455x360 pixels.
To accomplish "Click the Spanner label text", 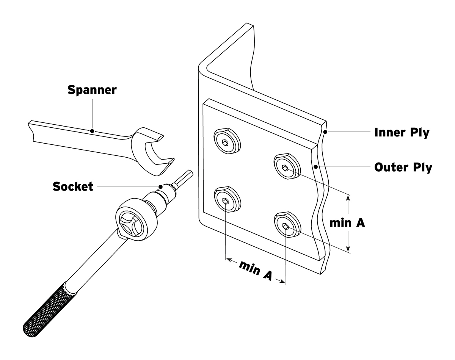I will point(92,90).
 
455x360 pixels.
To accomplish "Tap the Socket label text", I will point(73,186).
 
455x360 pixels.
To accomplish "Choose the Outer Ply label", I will point(403,167).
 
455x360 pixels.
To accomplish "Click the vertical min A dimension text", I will point(347,223).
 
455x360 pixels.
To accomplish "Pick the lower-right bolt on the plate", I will point(286,226).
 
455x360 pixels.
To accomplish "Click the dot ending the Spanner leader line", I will point(92,131).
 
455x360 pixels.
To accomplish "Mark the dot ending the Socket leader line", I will point(161,186).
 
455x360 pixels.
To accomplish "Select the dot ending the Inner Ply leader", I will point(325,132).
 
